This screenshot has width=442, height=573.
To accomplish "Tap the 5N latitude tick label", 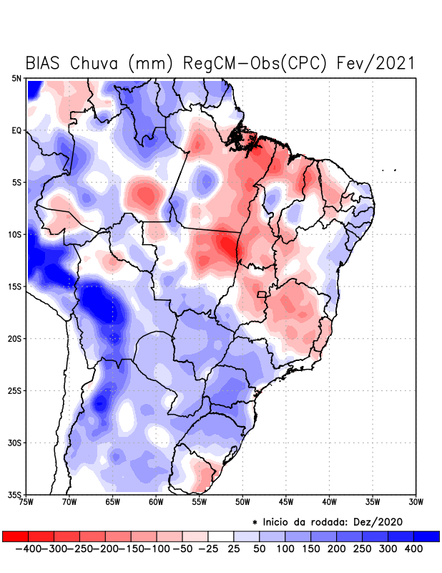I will coord(16,78).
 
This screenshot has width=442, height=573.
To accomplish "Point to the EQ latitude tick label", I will coord(16,130).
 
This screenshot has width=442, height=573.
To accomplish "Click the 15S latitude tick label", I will coord(14,286).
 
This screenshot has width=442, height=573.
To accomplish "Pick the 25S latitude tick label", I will coord(14,390).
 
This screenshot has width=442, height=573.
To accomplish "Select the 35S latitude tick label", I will coord(14,494).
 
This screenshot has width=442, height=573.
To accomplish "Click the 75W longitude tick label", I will coord(26,502).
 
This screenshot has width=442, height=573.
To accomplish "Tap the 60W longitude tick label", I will coord(156,502).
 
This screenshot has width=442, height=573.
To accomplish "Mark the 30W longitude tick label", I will coord(416,502).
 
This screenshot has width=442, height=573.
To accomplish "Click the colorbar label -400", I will coord(28,548).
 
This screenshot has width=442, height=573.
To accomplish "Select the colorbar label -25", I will coord(208,548).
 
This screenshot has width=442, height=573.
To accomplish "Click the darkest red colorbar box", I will coord(15,536).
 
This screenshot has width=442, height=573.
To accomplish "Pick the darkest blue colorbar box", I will coord(427,536).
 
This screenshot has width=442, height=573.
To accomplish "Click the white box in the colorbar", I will coord(221,536).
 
